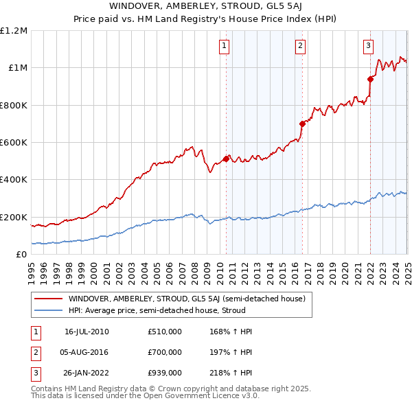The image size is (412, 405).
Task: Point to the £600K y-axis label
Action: [x=14, y=142]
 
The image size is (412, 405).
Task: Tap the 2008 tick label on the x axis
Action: [x=195, y=268]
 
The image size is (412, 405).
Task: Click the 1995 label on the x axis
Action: [x=32, y=268]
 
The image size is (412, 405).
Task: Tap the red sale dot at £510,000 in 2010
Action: [x=226, y=159]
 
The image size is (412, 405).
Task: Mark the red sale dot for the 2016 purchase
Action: [x=302, y=124]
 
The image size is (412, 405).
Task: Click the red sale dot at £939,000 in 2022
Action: [x=370, y=79]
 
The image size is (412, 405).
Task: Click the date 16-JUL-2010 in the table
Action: [x=87, y=332]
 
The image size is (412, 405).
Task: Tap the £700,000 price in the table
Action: [x=165, y=352]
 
